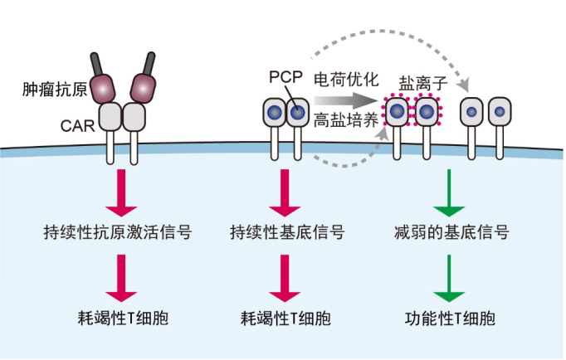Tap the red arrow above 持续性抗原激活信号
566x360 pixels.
tap(119, 192)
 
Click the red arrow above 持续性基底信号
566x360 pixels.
tap(284, 192)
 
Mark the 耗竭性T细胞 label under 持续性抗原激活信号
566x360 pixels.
tap(119, 318)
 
